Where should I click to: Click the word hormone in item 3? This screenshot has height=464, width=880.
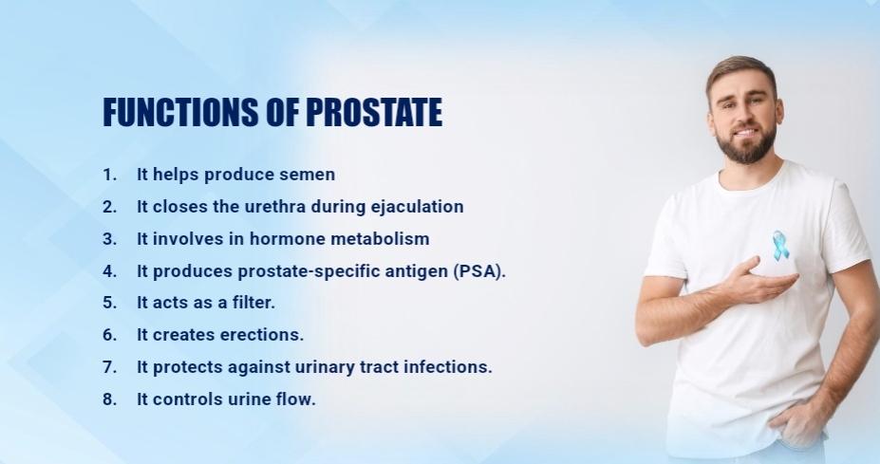coord(274,238)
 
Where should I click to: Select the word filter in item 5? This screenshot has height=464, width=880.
coord(253,303)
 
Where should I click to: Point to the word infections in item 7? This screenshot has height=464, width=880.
coord(450,367)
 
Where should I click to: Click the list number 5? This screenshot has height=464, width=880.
coord(109,303)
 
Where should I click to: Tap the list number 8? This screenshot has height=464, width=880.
coord(109,399)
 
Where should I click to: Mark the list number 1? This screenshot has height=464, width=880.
coord(109,175)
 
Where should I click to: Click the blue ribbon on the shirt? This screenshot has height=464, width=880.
coord(780,246)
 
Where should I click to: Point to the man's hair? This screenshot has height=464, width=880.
coord(740,68)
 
